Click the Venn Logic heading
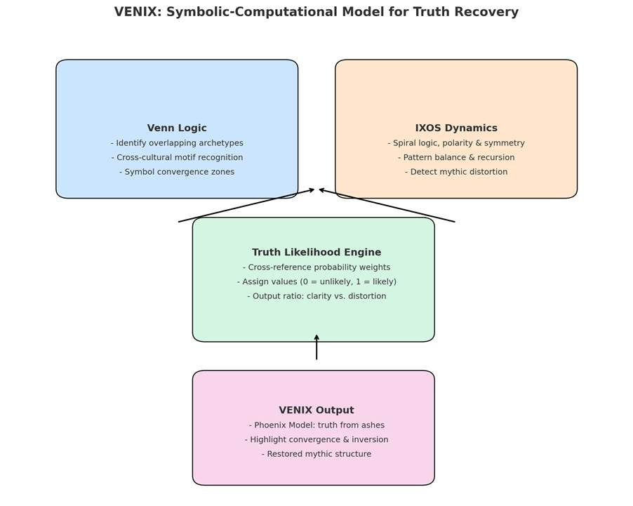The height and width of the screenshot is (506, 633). point(177,128)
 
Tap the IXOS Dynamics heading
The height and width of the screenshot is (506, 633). point(456,128)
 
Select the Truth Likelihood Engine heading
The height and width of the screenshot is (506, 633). point(316,253)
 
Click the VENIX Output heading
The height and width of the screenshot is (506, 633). point(316,411)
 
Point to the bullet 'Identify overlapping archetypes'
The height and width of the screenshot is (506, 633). point(177,143)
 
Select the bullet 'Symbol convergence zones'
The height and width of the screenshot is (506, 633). point(177,172)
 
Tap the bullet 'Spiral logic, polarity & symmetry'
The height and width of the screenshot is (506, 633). point(456,143)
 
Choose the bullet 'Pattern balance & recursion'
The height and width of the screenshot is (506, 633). point(456,158)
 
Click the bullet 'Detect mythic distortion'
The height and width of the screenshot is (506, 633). point(456,172)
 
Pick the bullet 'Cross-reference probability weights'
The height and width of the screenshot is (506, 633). point(316,267)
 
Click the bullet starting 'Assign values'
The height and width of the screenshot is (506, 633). point(316,282)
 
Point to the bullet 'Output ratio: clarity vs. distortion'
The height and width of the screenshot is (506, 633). point(316,296)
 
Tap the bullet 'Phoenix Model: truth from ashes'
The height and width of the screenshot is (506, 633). point(316,425)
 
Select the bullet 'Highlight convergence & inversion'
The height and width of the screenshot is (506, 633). point(316,440)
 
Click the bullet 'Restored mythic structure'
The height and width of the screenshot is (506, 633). point(316,454)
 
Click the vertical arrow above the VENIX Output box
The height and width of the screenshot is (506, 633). point(316,347)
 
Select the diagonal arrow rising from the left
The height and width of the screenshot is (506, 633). point(246,206)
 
